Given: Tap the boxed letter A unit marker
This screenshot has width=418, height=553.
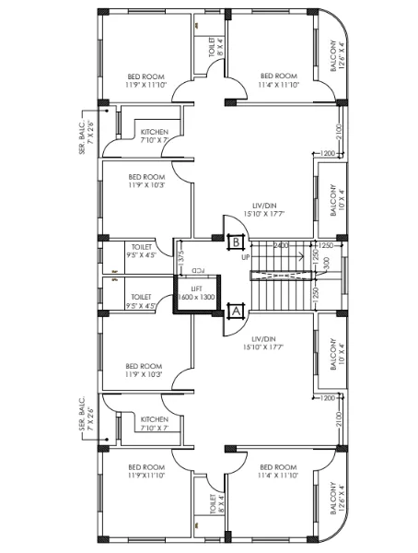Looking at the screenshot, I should coord(235,312).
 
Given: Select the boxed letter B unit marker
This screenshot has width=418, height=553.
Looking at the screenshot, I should coord(236,241).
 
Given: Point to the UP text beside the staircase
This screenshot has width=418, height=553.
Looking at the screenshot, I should coord(246,257).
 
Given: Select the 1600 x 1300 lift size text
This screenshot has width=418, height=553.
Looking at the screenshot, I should coord(196,299).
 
